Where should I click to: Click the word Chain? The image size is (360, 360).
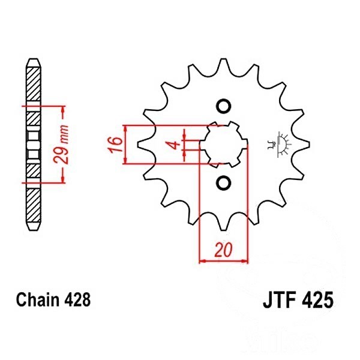37,299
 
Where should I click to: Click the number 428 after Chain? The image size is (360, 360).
77,299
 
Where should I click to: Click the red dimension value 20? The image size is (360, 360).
223,250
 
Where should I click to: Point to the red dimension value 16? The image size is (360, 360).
115,145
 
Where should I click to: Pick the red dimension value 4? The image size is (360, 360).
175,145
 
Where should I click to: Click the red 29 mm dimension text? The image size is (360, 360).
61,144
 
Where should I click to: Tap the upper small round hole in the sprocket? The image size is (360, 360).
223,106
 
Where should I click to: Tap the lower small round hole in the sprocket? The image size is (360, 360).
223,183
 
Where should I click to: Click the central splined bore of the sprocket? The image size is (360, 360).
223,145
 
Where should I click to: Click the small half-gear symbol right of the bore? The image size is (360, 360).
280,145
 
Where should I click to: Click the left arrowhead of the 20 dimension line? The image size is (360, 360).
202,261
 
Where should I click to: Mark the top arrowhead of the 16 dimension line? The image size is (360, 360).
125,128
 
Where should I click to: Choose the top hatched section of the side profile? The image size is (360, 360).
34,84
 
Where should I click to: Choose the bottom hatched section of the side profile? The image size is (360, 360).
34,205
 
